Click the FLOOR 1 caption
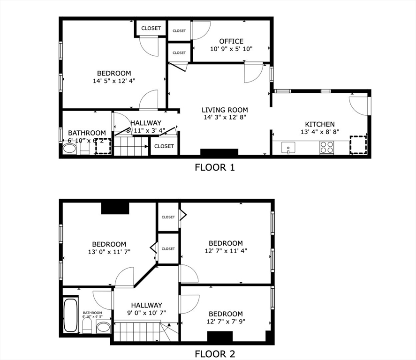point(214,167)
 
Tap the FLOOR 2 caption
point(214,354)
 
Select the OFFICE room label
point(231,41)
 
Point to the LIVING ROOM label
point(225,110)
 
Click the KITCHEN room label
point(320,124)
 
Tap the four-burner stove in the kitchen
point(327,148)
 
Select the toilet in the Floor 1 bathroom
point(85,149)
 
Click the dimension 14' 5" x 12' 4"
point(114,81)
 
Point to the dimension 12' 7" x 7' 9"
point(226,322)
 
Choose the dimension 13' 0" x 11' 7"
point(109,252)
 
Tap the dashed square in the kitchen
point(358,144)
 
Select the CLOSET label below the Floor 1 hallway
point(164,146)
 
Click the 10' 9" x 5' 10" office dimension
point(231,49)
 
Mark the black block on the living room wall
point(219,152)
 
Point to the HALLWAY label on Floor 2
point(146,305)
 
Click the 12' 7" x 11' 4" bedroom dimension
point(226,251)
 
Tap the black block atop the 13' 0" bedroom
point(115,207)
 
